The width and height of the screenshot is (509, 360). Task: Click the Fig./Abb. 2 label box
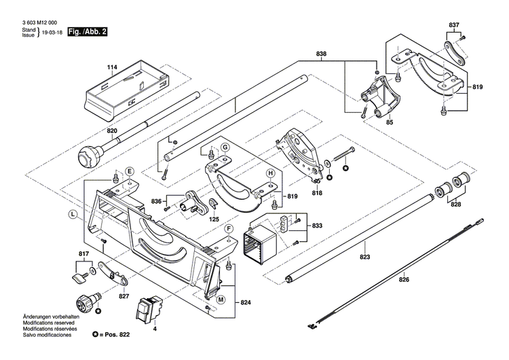click(87, 32)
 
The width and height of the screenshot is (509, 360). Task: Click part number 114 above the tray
click(112, 67)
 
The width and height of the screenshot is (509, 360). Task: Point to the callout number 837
click(454, 25)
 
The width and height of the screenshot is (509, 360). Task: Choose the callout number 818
click(317, 193)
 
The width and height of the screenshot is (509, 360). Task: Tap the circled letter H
click(270, 173)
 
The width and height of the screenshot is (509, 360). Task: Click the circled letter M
click(221, 298)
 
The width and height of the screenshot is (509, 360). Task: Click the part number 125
click(214, 219)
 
